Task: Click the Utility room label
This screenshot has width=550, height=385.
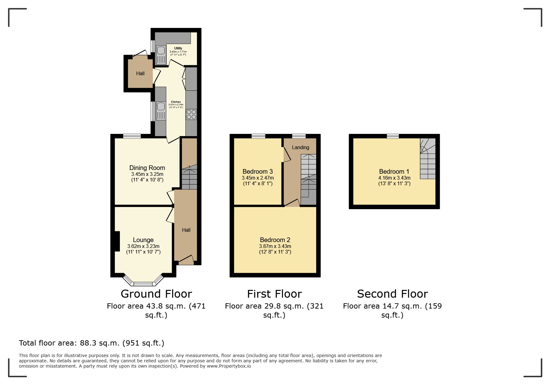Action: pyautogui.click(x=178, y=48)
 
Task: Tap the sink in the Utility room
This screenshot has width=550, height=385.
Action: pyautogui.click(x=161, y=55)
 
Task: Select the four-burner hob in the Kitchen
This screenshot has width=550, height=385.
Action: pyautogui.click(x=191, y=114)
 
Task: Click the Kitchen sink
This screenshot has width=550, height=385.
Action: pyautogui.click(x=161, y=111)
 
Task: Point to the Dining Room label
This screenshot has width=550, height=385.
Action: pyautogui.click(x=147, y=168)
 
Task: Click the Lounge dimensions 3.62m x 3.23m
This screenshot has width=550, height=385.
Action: pyautogui.click(x=143, y=246)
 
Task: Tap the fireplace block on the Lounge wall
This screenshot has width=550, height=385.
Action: pyautogui.click(x=117, y=241)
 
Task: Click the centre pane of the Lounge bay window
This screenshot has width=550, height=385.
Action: pyautogui.click(x=143, y=283)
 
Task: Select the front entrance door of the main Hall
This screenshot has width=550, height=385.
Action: pyautogui.click(x=186, y=260)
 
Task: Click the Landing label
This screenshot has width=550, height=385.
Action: pyautogui.click(x=301, y=147)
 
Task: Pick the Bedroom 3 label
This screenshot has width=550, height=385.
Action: pyautogui.click(x=258, y=172)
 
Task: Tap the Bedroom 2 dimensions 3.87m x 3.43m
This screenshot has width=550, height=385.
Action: pyautogui.click(x=275, y=246)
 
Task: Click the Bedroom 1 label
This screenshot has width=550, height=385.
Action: pyautogui.click(x=394, y=172)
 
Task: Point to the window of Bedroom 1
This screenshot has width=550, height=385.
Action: pyautogui.click(x=393, y=136)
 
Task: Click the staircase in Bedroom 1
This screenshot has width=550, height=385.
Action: pyautogui.click(x=428, y=158)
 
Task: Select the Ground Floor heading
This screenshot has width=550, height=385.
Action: pyautogui.click(x=156, y=294)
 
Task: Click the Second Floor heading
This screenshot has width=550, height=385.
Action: pyautogui.click(x=393, y=294)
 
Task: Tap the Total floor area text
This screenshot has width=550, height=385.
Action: pyautogui.click(x=92, y=343)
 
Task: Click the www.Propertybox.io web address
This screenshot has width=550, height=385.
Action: pyautogui.click(x=229, y=366)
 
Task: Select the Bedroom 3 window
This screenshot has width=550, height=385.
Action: pyautogui.click(x=258, y=136)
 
